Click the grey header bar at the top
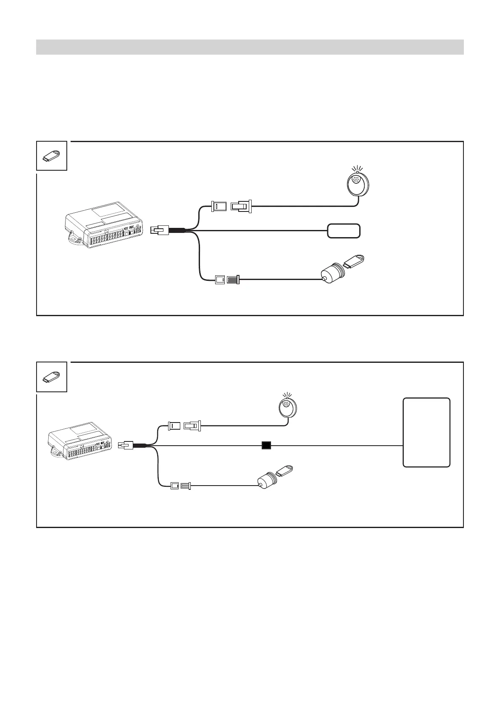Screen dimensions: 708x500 pos(250,47)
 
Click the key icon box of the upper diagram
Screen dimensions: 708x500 pos(52,156)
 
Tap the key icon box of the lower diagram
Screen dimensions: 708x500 pos(52,377)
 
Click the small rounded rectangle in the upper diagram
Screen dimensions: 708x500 pos(344,231)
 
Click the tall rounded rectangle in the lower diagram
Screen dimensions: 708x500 pos(426,432)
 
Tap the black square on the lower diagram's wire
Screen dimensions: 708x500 pos(266,445)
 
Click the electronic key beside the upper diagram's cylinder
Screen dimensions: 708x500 pos(354,262)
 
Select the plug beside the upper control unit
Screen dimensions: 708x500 pos(160,230)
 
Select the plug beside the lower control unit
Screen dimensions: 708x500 pos(126,445)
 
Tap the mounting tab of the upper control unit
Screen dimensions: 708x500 pos(74,240)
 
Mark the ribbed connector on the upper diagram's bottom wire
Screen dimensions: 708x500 pos(233,280)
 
